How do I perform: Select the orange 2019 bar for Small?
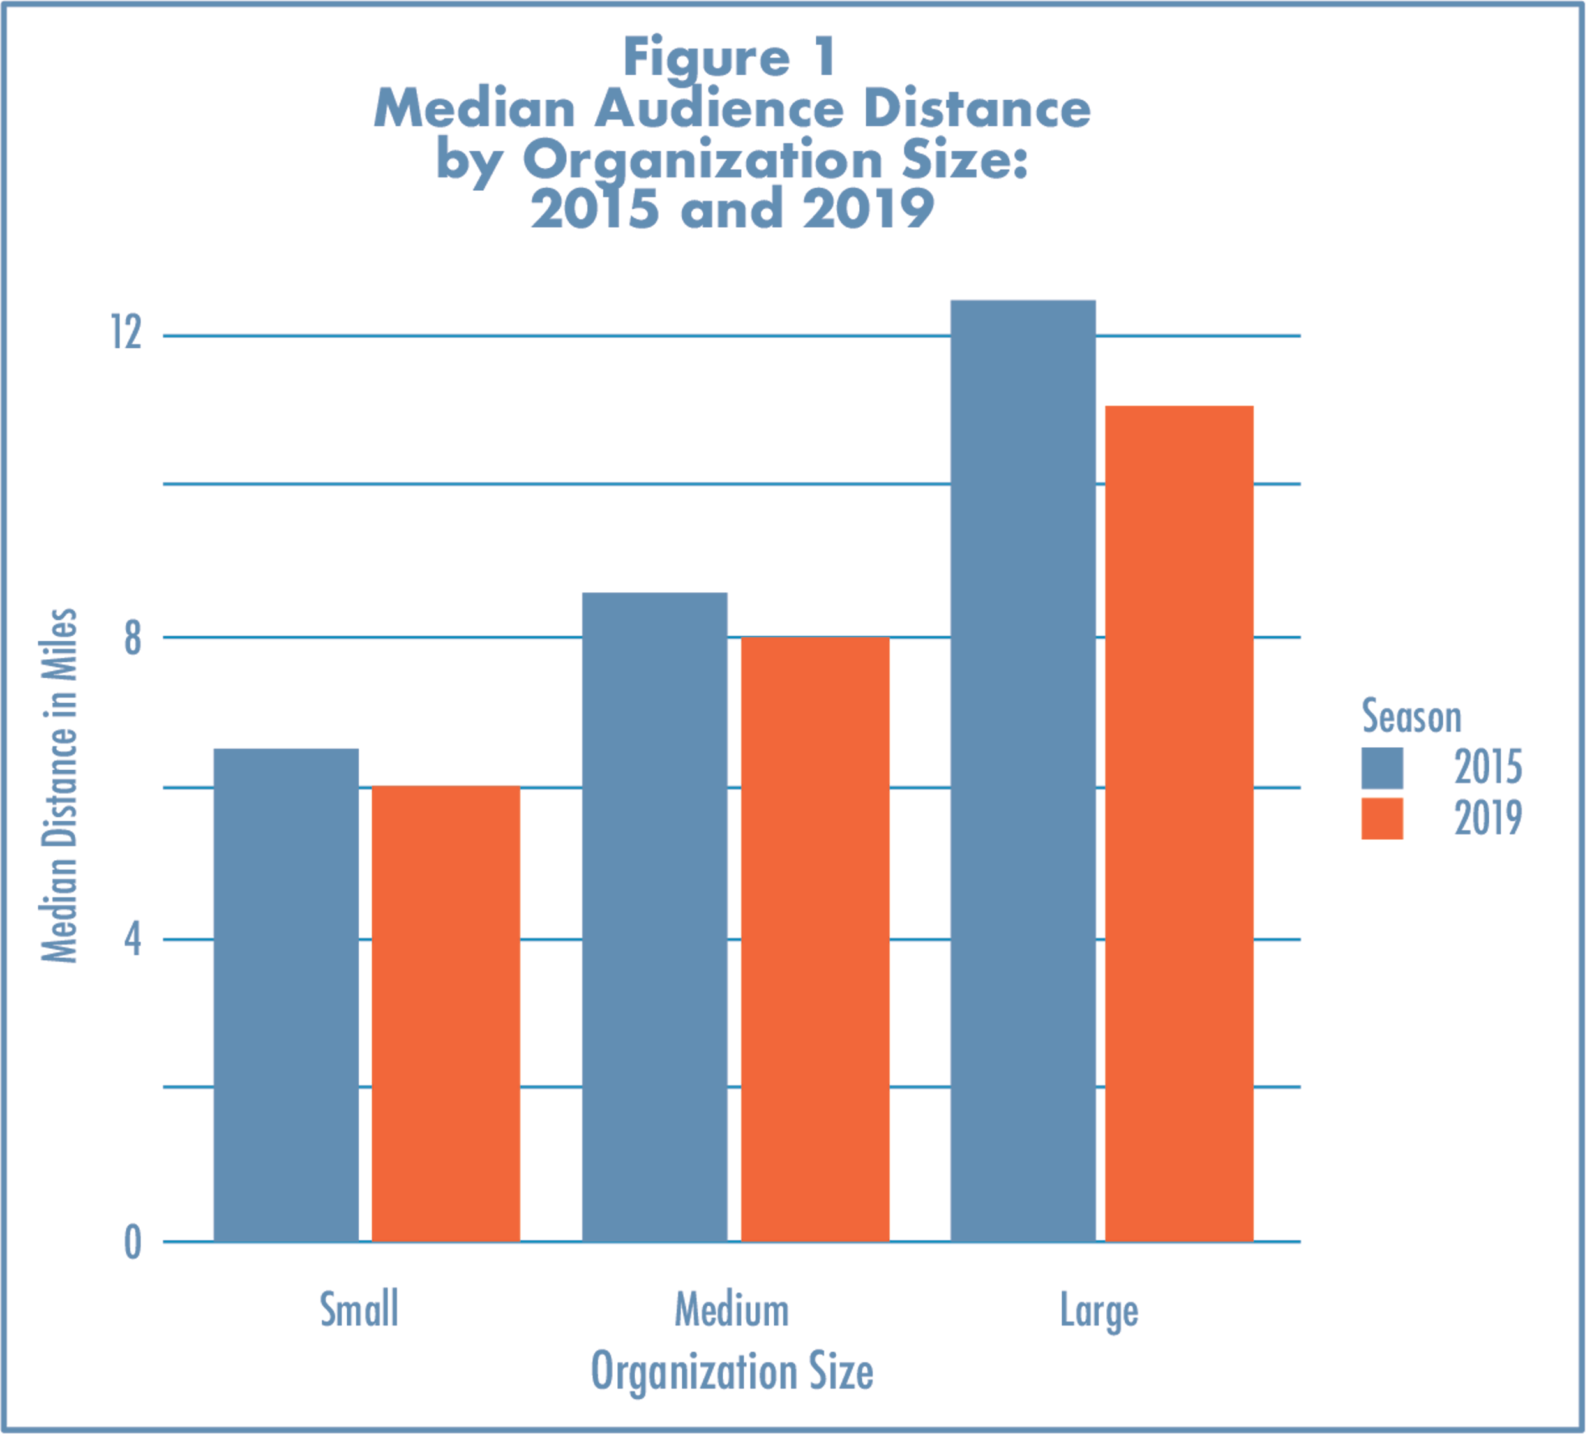(x=446, y=1015)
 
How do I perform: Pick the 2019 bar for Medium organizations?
(x=816, y=939)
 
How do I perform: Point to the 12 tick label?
(x=127, y=332)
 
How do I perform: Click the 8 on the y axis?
(x=133, y=638)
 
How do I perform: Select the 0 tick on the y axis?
(x=133, y=1243)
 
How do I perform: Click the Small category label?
(x=359, y=1310)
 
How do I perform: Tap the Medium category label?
(x=732, y=1311)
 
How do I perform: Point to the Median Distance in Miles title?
(x=60, y=786)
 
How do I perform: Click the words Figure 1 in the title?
(x=730, y=57)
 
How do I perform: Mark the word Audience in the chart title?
(x=719, y=108)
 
